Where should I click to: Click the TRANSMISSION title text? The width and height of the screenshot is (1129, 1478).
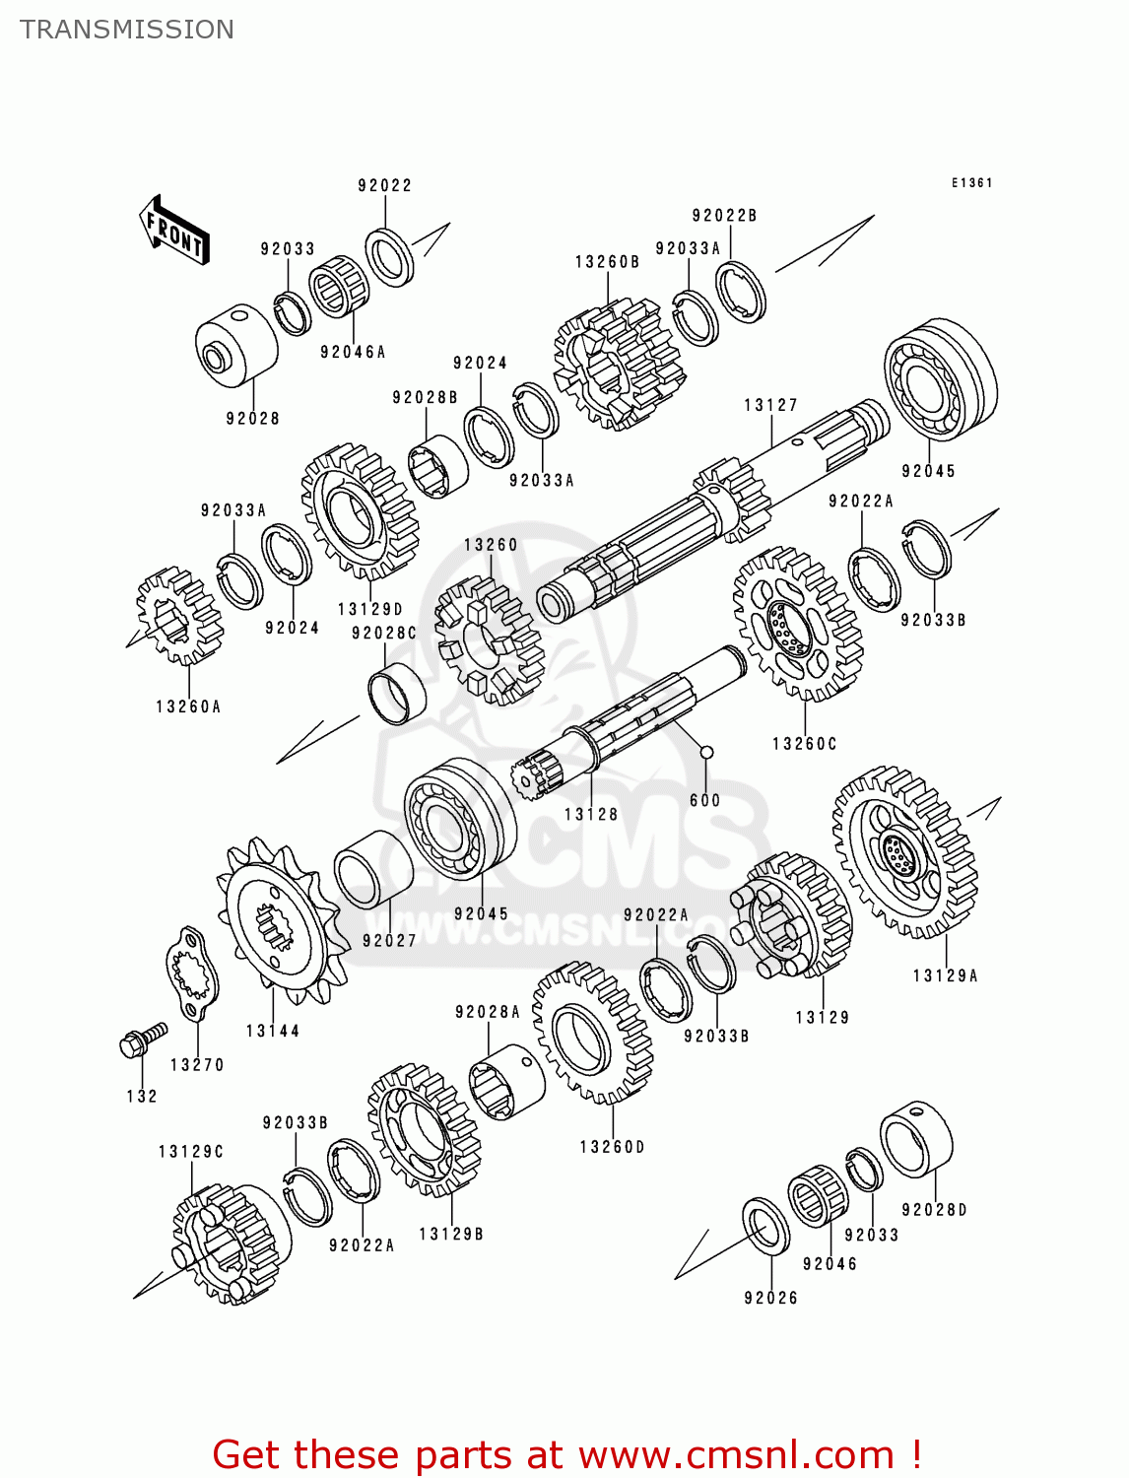[x=127, y=30]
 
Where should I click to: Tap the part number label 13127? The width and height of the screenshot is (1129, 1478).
[x=770, y=405]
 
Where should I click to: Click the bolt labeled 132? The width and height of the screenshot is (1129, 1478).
[x=141, y=1041]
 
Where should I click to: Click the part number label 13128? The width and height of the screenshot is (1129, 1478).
[x=591, y=814]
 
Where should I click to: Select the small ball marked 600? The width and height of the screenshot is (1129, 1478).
[x=706, y=753]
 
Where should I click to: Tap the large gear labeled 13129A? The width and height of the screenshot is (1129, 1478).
[x=904, y=852]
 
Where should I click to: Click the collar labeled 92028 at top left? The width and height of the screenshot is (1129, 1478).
[x=236, y=344]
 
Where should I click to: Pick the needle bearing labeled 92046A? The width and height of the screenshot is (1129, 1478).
[x=338, y=286]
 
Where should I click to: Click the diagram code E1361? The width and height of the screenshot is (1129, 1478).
[x=971, y=183]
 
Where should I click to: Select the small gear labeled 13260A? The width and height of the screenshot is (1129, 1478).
[x=179, y=616]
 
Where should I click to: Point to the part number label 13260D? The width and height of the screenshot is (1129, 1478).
[x=612, y=1147]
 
